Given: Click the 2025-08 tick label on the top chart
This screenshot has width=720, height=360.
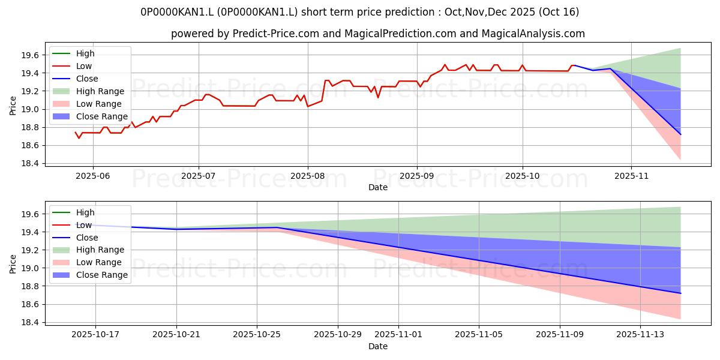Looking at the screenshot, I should coord(307,176).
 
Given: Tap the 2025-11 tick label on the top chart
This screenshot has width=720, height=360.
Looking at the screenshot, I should coord(631,176).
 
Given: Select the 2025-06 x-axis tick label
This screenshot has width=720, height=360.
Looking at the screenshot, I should coord(92,176).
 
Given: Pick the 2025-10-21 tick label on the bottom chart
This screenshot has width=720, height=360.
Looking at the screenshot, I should coord(176,335).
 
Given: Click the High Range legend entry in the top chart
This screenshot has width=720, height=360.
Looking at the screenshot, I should coord(100,91).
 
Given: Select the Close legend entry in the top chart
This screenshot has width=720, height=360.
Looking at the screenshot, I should coord(87,79).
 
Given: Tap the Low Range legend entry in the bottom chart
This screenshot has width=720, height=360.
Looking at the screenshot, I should coord(98,262).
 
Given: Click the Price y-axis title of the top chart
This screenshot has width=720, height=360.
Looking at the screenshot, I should coord(13,106).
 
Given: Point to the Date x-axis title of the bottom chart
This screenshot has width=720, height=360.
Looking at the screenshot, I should coord(378,346).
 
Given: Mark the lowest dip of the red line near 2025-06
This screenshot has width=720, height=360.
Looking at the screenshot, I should coord(79,138).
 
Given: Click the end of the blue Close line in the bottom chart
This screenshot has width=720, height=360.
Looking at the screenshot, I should coord(680,293).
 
